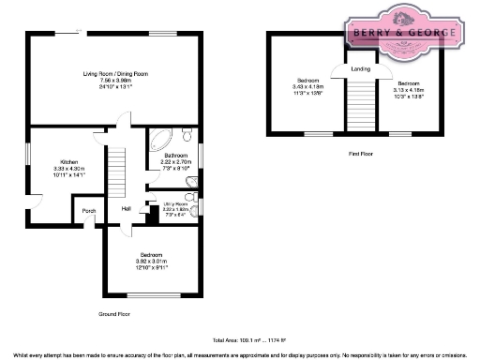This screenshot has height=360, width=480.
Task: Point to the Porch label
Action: pos(90,211)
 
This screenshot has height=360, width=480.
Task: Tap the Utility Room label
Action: pos(175,202)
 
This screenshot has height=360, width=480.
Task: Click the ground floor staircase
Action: pos(117,173)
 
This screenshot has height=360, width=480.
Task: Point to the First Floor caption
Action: pos(361,151)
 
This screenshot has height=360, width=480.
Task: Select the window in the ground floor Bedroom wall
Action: pos(167,296)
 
